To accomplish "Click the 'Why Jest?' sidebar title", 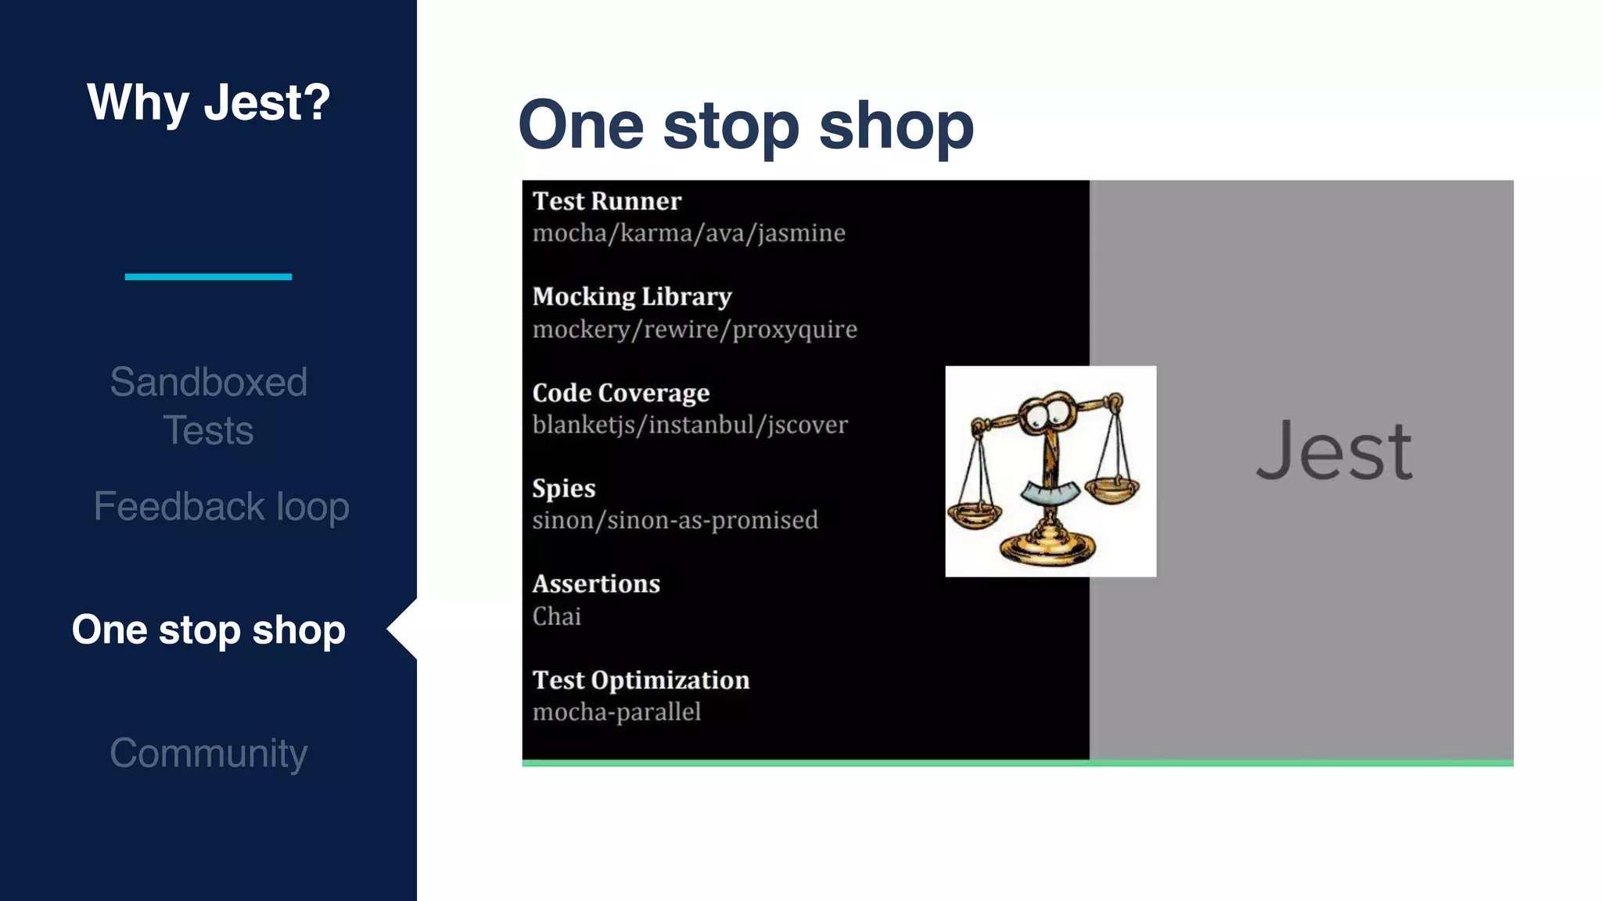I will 208,102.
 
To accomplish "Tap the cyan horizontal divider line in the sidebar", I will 208,276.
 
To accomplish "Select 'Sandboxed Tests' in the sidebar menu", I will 208,406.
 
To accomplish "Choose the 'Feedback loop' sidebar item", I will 221,506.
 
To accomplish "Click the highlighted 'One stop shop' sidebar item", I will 208,630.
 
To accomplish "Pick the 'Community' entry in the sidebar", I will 208,752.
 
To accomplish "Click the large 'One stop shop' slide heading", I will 745,125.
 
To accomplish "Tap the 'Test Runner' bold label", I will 606,201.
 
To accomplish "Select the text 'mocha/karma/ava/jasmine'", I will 688,233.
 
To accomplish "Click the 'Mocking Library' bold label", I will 631,296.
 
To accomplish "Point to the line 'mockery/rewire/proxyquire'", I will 695,329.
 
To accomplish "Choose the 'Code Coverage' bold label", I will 620,393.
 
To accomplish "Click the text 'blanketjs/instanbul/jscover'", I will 689,425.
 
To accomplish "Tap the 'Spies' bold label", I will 563,488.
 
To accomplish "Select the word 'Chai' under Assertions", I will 556,616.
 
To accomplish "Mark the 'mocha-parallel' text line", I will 616,712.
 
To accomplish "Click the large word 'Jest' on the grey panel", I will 1334,451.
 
